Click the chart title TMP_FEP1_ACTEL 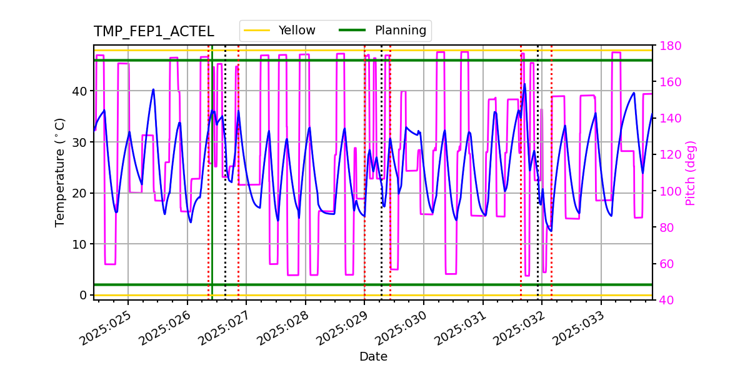pos(154,32)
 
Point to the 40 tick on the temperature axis pos(81,91)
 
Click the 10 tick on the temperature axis pos(81,244)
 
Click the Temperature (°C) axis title pos(60,172)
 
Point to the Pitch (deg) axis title pos(691,172)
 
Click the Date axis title pos(373,357)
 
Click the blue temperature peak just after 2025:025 pos(153,89)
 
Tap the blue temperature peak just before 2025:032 pos(524,84)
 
